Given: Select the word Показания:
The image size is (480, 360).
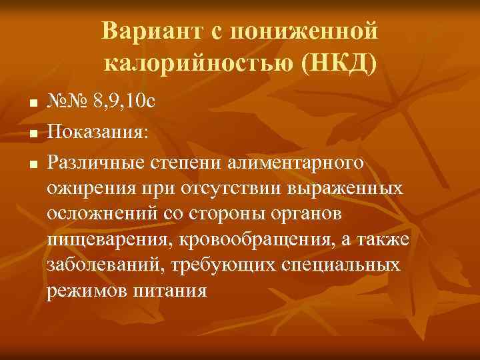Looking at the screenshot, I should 98,131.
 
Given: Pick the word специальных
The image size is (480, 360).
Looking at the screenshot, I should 343,265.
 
